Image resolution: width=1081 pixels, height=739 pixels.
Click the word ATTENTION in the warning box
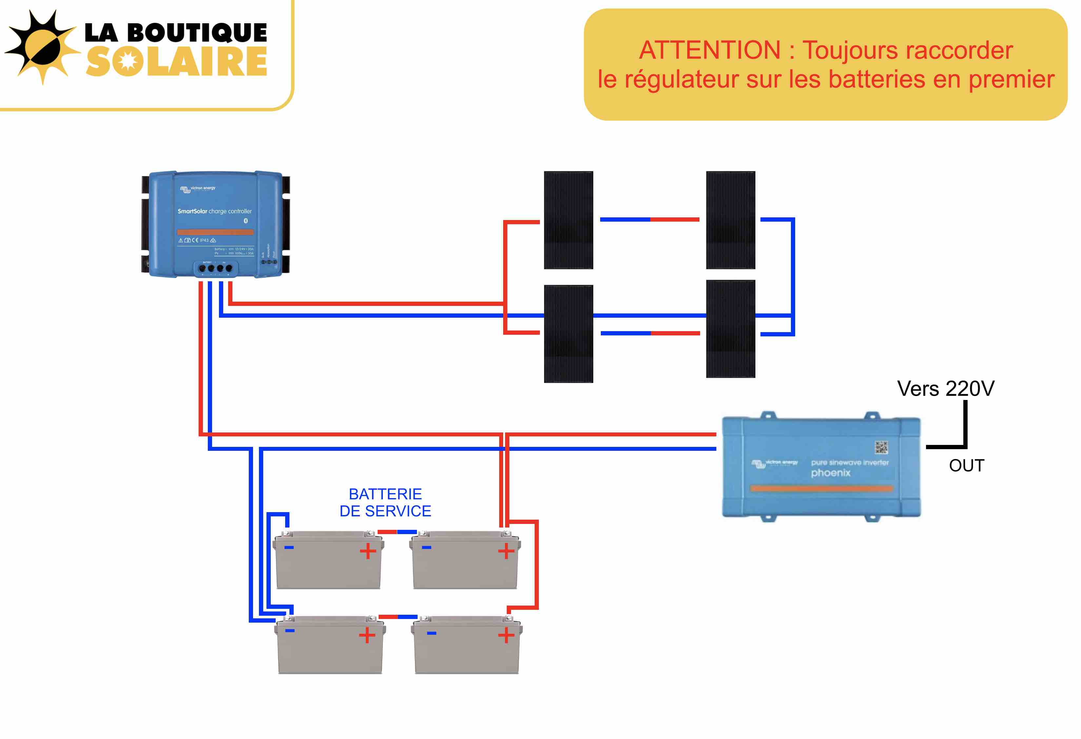click(x=709, y=50)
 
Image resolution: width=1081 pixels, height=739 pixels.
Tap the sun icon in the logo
click(x=42, y=47)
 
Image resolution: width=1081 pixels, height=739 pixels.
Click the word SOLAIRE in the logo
click(x=177, y=61)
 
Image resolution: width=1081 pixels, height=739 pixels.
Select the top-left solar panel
click(x=568, y=220)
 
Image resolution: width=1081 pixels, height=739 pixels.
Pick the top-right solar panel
click(x=730, y=220)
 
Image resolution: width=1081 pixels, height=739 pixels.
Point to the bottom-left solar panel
click(x=568, y=334)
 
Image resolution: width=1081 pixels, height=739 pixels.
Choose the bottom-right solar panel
click(x=730, y=329)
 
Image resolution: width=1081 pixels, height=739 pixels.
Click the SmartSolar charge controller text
click(x=214, y=211)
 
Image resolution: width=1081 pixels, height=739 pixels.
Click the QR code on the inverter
click(x=881, y=447)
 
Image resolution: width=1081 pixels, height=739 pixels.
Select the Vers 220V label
click(x=945, y=389)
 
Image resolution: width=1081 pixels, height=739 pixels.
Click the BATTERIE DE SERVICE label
click(x=385, y=502)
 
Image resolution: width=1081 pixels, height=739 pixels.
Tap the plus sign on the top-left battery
click(x=367, y=551)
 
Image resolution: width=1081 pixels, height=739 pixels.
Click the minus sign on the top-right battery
click(x=426, y=547)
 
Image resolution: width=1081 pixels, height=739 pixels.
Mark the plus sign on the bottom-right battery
click(x=506, y=635)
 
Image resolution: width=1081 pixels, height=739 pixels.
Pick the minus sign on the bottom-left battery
click(x=289, y=630)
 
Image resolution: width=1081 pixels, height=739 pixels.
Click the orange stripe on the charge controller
click(x=215, y=232)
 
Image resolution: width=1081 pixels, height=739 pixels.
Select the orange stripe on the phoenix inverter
click(x=821, y=488)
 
